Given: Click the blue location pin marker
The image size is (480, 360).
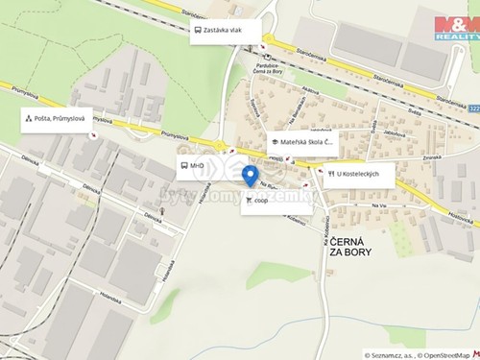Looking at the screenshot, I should point(250,176).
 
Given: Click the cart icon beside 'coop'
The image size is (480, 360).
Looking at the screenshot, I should point(250,201).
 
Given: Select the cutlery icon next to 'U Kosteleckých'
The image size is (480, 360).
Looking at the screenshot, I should point(330,175).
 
